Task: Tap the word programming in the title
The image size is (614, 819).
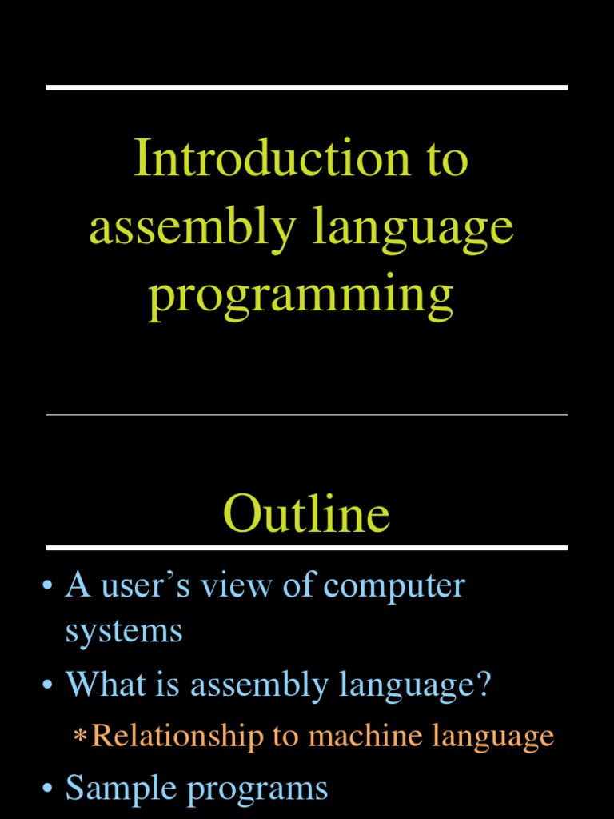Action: point(301,296)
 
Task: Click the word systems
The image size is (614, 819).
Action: point(124,632)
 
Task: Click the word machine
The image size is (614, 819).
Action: point(363,736)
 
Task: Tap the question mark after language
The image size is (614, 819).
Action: point(482,685)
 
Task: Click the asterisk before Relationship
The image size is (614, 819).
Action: point(79,737)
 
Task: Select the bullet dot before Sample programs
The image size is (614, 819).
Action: point(49,789)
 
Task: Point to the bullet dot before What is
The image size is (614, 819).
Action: point(49,686)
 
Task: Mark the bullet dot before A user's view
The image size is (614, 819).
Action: point(49,586)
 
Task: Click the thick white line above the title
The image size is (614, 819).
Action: point(307,87)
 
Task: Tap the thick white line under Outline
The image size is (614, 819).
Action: point(307,548)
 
